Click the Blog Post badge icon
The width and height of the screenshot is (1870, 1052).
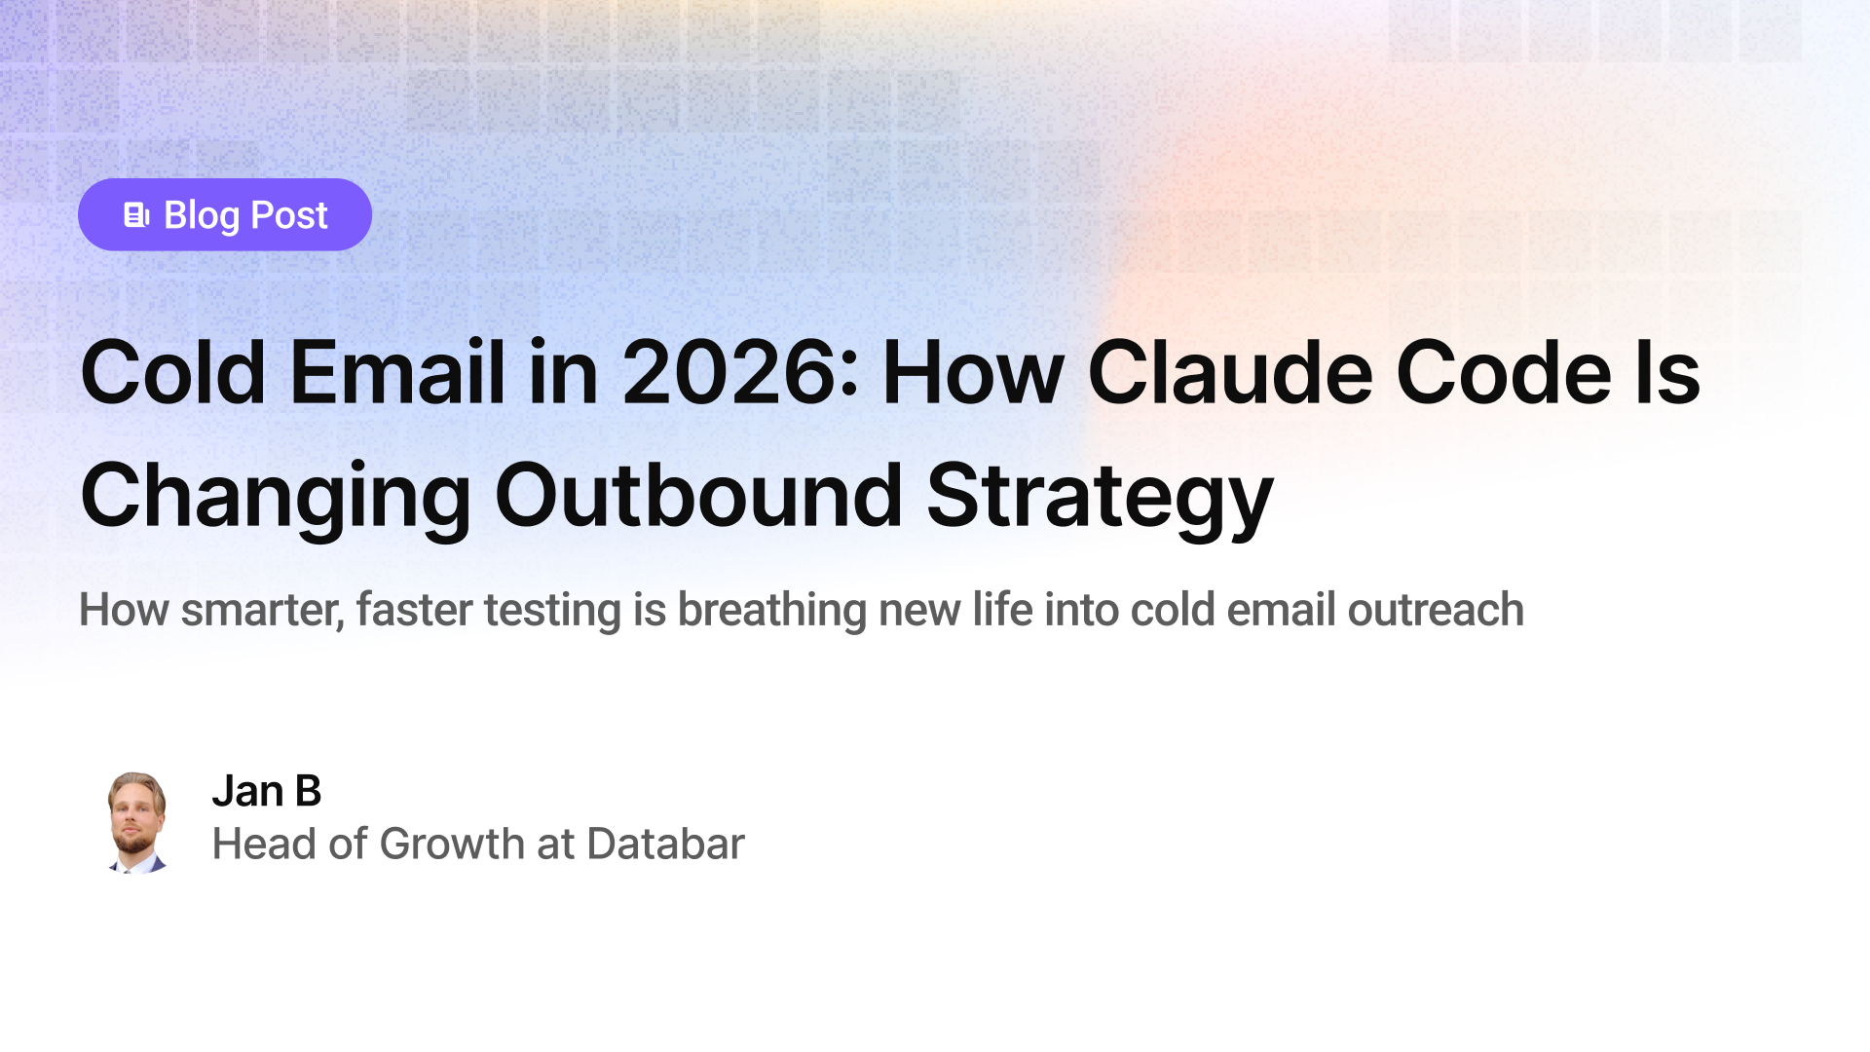[136, 215]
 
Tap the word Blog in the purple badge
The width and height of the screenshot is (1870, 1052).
[202, 216]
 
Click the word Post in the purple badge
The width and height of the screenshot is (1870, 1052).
[289, 215]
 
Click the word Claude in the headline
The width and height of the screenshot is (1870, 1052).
[1230, 373]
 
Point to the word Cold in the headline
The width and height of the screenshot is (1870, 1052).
[172, 373]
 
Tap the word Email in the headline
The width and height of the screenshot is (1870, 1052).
[397, 373]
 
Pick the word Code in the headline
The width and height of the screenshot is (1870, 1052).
[1504, 373]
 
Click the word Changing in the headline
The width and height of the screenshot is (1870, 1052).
[276, 497]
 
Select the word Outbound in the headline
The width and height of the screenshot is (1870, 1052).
[698, 497]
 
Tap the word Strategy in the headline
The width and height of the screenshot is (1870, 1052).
[1100, 497]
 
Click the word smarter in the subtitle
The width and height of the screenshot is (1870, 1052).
[262, 611]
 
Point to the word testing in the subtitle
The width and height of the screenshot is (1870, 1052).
[552, 611]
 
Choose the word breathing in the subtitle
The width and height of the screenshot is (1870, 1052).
[771, 611]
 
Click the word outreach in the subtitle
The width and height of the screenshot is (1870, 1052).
[1436, 611]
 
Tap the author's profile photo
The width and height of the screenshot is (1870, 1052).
[136, 821]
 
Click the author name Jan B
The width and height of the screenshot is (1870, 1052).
[266, 791]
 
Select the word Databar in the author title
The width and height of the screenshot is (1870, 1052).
[665, 844]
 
